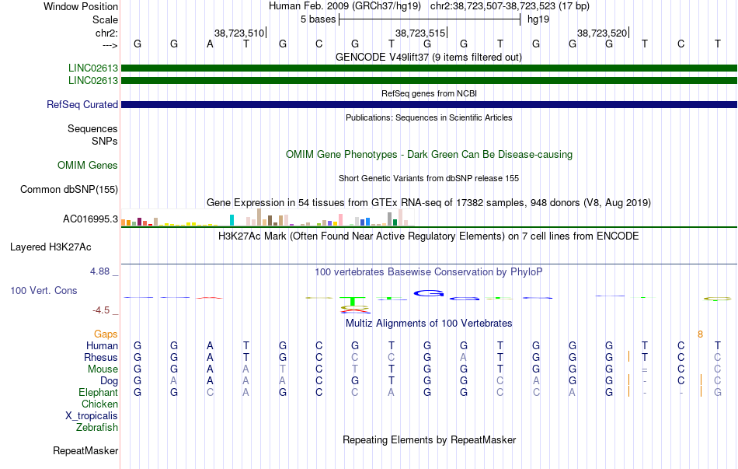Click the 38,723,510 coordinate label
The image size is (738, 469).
[239, 33]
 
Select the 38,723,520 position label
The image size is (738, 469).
[602, 33]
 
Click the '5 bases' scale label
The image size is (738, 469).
[319, 19]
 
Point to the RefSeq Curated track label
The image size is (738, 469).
[82, 105]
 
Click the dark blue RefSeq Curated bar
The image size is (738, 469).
[429, 105]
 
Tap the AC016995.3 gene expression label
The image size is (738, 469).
[90, 219]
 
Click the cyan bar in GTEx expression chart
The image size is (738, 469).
[231, 220]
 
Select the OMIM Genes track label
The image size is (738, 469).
[88, 166]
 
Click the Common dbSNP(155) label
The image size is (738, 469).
[69, 190]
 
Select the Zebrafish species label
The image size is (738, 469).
[97, 428]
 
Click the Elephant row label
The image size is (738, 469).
[99, 393]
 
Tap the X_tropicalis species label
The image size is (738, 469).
[92, 416]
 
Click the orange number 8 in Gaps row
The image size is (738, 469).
[701, 334]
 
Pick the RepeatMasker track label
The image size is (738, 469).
[85, 451]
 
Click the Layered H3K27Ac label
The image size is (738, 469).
[50, 247]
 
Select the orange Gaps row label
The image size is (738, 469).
[106, 334]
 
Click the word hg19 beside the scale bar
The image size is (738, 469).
[538, 19]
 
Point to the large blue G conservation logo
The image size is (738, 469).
[429, 294]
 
